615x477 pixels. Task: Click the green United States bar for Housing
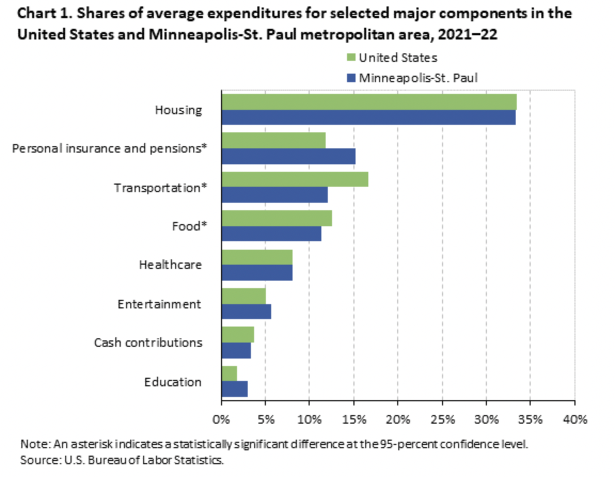(x=369, y=101)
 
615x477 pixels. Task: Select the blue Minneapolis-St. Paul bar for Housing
(x=368, y=117)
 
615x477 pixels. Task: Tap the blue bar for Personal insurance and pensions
(x=288, y=156)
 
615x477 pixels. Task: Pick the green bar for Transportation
(x=295, y=180)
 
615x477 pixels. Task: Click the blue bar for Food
(x=271, y=234)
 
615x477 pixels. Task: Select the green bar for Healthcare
(x=257, y=257)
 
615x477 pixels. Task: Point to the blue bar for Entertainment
(x=246, y=312)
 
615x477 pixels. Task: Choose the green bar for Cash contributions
(x=238, y=335)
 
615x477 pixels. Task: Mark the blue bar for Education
(x=234, y=389)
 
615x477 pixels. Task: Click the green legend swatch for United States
(x=351, y=57)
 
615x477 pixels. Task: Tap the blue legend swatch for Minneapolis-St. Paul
(x=351, y=78)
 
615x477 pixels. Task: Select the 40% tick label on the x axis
(x=574, y=419)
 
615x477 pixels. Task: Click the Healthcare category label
(x=170, y=265)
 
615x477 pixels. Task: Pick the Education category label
(x=172, y=382)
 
